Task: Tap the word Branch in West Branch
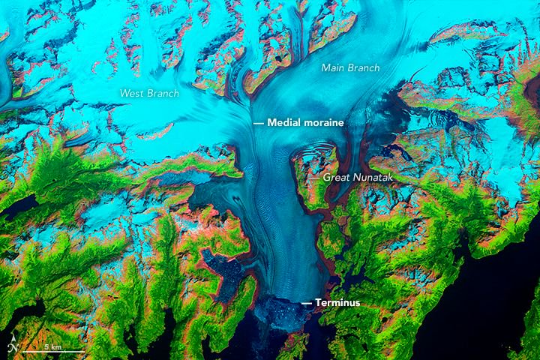(x=162, y=93)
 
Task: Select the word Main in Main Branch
(x=333, y=67)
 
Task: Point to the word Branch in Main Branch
(x=364, y=67)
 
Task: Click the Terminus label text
(x=337, y=302)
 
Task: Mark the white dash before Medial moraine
(x=258, y=121)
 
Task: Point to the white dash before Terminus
(x=307, y=302)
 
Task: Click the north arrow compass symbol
(x=13, y=347)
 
